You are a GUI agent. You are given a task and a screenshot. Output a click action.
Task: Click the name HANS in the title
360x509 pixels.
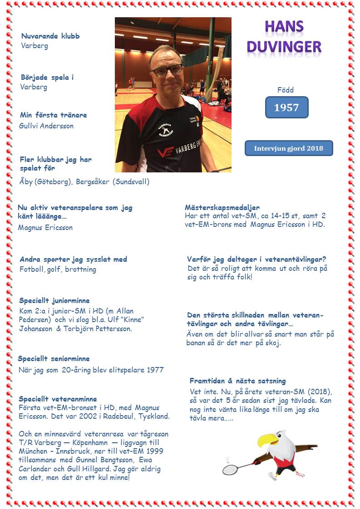point(284,27)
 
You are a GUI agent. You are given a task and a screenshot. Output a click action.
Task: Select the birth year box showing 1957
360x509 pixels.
point(286,108)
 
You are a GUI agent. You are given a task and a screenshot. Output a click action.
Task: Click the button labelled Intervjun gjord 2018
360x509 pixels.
point(289,148)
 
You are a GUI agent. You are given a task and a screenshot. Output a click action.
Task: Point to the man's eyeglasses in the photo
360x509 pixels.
point(167,71)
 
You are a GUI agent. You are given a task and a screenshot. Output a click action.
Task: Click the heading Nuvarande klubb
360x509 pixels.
point(50,36)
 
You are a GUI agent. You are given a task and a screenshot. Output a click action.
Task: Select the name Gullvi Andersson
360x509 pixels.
point(47,126)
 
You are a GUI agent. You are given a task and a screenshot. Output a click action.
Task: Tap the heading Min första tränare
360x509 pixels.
point(53,115)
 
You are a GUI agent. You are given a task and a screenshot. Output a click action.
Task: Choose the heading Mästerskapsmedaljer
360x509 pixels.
point(222,207)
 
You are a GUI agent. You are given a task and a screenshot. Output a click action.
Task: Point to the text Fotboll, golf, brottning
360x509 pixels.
point(58,269)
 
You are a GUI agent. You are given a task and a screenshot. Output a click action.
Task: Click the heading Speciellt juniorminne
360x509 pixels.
point(54,300)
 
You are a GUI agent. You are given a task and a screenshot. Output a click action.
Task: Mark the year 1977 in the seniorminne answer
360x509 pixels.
point(155,370)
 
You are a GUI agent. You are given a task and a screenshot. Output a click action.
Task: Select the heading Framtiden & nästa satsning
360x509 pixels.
point(237,381)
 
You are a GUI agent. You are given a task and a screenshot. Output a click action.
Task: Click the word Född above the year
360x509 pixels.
point(286,90)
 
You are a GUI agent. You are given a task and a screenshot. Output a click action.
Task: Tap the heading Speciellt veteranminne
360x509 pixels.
point(58,399)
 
